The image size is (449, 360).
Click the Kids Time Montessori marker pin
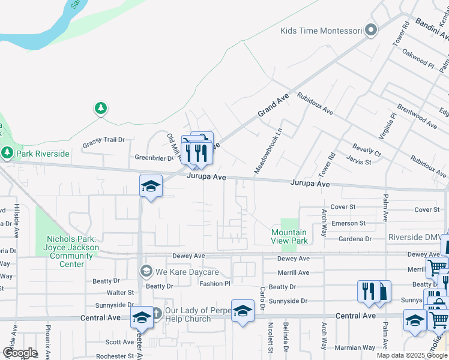click(x=372, y=30)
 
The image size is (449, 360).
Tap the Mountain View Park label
click(x=289, y=236)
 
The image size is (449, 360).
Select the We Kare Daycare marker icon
click(x=145, y=272)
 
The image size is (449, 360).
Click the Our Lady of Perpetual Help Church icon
click(x=155, y=314)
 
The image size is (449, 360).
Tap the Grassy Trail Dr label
click(x=103, y=140)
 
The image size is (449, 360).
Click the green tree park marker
click(x=101, y=109)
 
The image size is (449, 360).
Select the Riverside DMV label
click(x=415, y=237)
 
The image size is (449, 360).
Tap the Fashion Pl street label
click(x=215, y=284)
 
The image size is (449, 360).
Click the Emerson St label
click(x=349, y=223)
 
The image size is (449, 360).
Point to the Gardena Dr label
click(x=355, y=238)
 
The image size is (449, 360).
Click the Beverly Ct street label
click(x=367, y=150)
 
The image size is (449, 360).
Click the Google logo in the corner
click(x=20, y=352)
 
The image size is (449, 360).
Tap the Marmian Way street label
click(x=355, y=347)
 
